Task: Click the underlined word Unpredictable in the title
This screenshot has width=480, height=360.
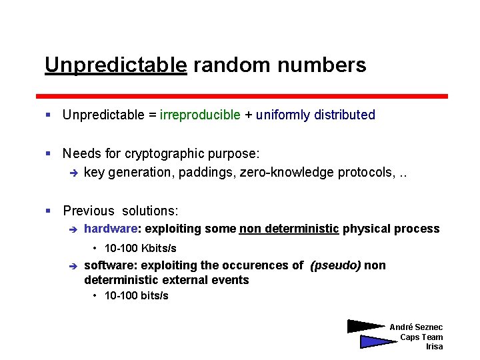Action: (x=115, y=65)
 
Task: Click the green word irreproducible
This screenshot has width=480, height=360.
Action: (x=200, y=115)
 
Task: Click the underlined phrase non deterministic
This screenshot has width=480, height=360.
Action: (x=289, y=229)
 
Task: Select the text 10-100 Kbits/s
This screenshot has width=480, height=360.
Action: (x=141, y=248)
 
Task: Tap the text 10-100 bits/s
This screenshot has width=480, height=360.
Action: (x=137, y=295)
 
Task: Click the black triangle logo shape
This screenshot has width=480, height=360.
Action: (x=365, y=326)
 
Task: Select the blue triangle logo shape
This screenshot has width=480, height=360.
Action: (x=377, y=341)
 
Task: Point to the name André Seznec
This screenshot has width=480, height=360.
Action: (x=416, y=327)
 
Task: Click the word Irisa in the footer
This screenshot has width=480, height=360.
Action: (x=434, y=347)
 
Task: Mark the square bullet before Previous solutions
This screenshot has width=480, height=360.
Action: (x=48, y=211)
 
